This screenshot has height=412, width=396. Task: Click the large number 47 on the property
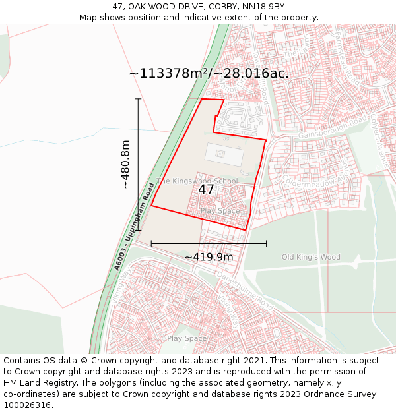pyautogui.click(x=206, y=189)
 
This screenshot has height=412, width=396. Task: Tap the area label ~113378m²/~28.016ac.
pyautogui.click(x=209, y=73)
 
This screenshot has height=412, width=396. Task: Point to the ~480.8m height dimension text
pyautogui.click(x=125, y=164)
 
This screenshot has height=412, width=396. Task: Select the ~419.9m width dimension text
pyautogui.click(x=209, y=257)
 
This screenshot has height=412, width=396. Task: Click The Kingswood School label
pyautogui.click(x=197, y=181)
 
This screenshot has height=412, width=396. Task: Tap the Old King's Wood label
pyautogui.click(x=310, y=257)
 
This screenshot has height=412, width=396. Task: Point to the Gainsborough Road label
pyautogui.click(x=332, y=129)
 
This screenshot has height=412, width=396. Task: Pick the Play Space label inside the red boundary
pyautogui.click(x=220, y=211)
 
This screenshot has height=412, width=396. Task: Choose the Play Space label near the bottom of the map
pyautogui.click(x=187, y=338)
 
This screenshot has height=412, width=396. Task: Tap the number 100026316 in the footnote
pyautogui.click(x=27, y=405)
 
